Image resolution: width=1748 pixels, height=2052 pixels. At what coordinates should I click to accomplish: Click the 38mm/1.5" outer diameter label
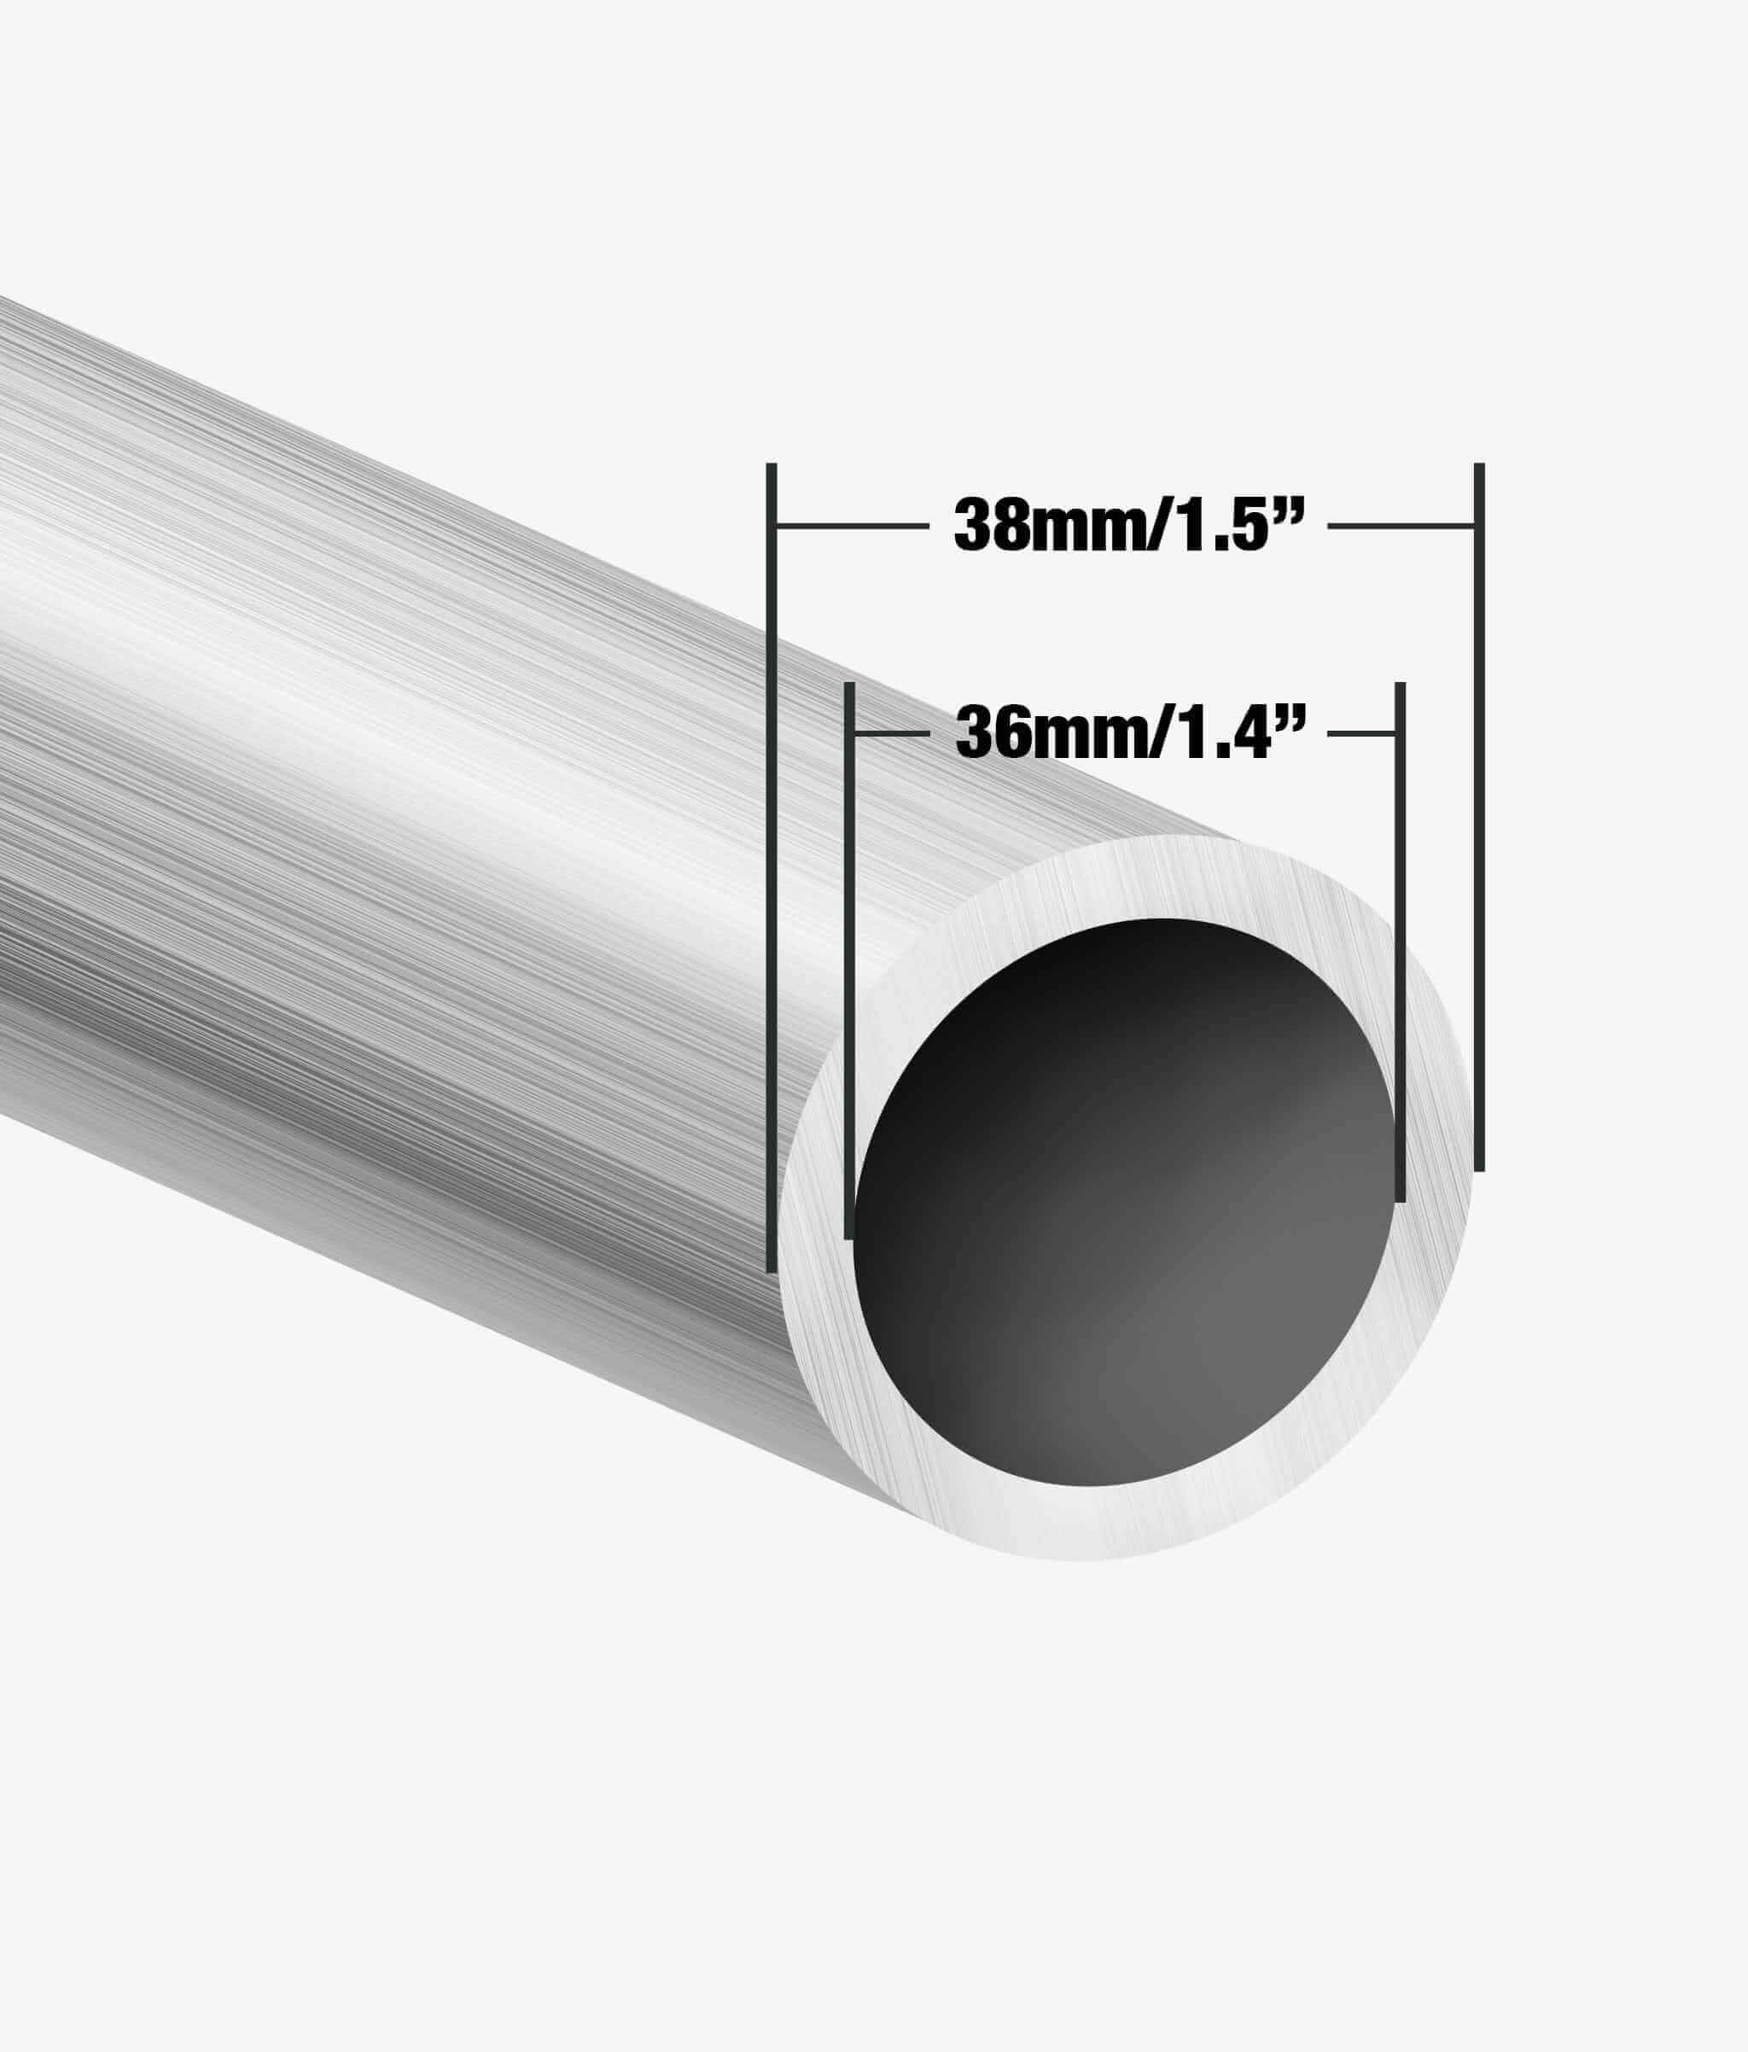point(1126,525)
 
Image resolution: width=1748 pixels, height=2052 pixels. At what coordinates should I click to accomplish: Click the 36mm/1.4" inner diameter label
point(1126,734)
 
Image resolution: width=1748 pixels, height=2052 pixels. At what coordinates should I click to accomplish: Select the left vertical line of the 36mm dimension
point(848,960)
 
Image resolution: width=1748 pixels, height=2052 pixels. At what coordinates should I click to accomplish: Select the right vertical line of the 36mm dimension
point(1401,941)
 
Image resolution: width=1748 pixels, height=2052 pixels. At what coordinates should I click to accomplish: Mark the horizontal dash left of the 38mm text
point(852,526)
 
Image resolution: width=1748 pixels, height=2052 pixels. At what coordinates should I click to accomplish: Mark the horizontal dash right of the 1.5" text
point(1401,526)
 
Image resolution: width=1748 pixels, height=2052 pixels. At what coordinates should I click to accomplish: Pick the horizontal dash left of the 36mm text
point(891,734)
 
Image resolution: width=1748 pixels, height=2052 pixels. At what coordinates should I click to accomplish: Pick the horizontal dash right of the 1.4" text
point(1361,734)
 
